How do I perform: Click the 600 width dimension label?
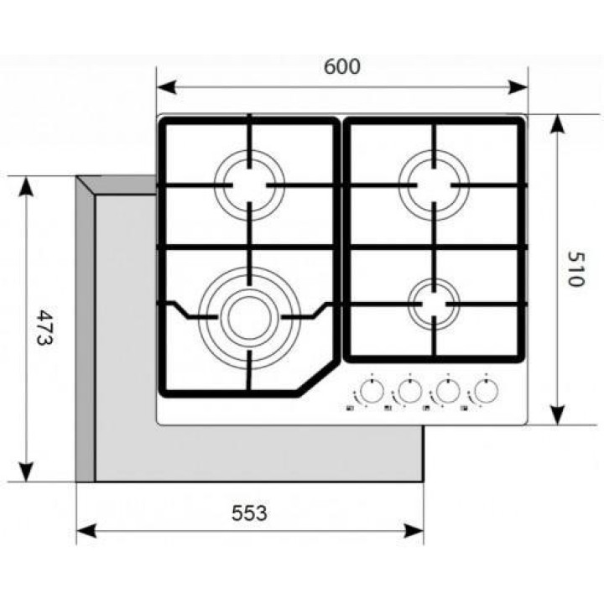pos(342,66)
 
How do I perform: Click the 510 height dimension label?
pos(575,268)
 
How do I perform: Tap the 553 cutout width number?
pos(250,513)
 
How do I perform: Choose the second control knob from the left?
pos(409,391)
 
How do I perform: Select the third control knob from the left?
pos(446,391)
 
